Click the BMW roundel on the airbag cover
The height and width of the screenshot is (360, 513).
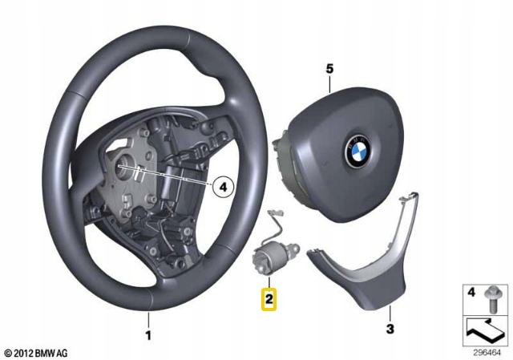click(357, 152)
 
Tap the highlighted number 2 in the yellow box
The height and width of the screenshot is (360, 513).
click(269, 299)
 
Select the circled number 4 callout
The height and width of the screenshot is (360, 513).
click(223, 187)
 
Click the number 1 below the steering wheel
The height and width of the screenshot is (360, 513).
click(148, 335)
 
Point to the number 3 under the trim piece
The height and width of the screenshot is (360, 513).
click(390, 329)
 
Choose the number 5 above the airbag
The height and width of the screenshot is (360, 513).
click(329, 69)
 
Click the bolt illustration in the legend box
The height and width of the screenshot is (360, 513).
click(491, 299)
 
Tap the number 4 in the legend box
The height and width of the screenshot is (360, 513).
click(471, 293)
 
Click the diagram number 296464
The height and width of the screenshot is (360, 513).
click(487, 353)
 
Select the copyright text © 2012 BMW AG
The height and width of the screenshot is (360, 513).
click(36, 353)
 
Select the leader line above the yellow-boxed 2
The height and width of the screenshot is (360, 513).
click(269, 281)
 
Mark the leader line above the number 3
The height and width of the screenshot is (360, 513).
click(390, 313)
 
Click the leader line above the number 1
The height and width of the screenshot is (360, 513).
click(148, 321)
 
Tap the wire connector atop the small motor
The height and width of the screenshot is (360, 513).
click(275, 213)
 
